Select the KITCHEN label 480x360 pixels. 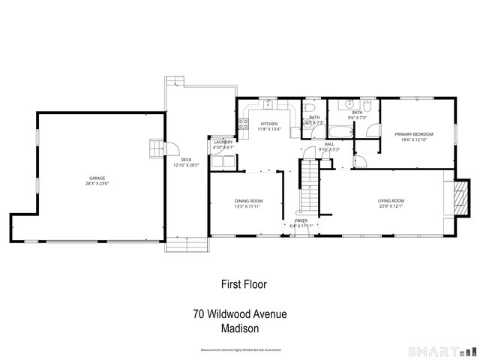click(x=268, y=124)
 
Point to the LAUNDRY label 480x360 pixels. click(x=223, y=142)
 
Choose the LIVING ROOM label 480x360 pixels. click(x=391, y=200)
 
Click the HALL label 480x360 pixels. click(x=329, y=144)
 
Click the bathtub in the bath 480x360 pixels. click(x=339, y=133)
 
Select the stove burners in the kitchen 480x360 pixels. click(x=243, y=124)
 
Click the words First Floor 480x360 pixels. click(x=244, y=284)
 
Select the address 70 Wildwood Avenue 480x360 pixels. click(x=239, y=314)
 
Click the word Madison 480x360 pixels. click(x=240, y=328)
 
